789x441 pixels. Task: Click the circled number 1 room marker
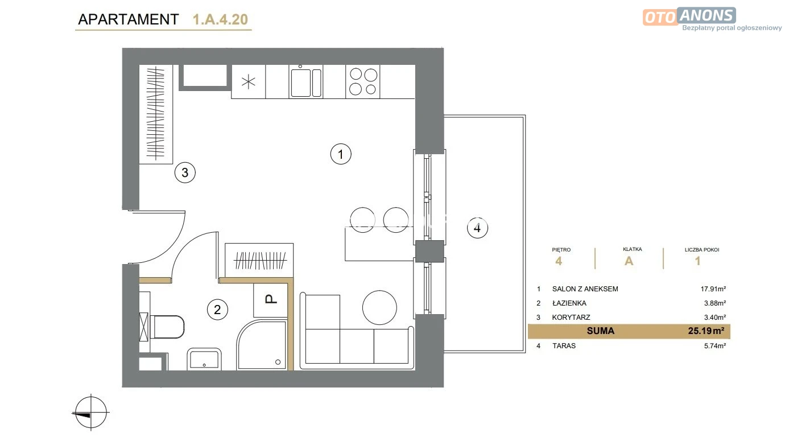[341, 154]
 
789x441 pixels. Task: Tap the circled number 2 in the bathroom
[217, 310]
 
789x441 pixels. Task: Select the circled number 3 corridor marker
[185, 172]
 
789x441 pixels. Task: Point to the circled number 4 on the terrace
[477, 228]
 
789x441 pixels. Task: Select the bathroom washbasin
[204, 359]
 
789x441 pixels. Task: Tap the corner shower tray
[262, 344]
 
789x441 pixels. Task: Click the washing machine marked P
[271, 300]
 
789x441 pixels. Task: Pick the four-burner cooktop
[363, 81]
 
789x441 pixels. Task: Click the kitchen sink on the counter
[305, 82]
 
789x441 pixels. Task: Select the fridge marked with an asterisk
[249, 81]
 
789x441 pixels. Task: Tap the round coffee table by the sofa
[379, 307]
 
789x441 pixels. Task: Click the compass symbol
[90, 413]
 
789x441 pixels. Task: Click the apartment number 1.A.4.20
[220, 19]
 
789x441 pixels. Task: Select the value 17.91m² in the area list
[713, 289]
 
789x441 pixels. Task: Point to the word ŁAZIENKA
[569, 303]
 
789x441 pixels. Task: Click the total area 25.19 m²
[706, 331]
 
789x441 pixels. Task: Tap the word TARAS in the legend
[564, 345]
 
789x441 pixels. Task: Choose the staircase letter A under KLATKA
[629, 261]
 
